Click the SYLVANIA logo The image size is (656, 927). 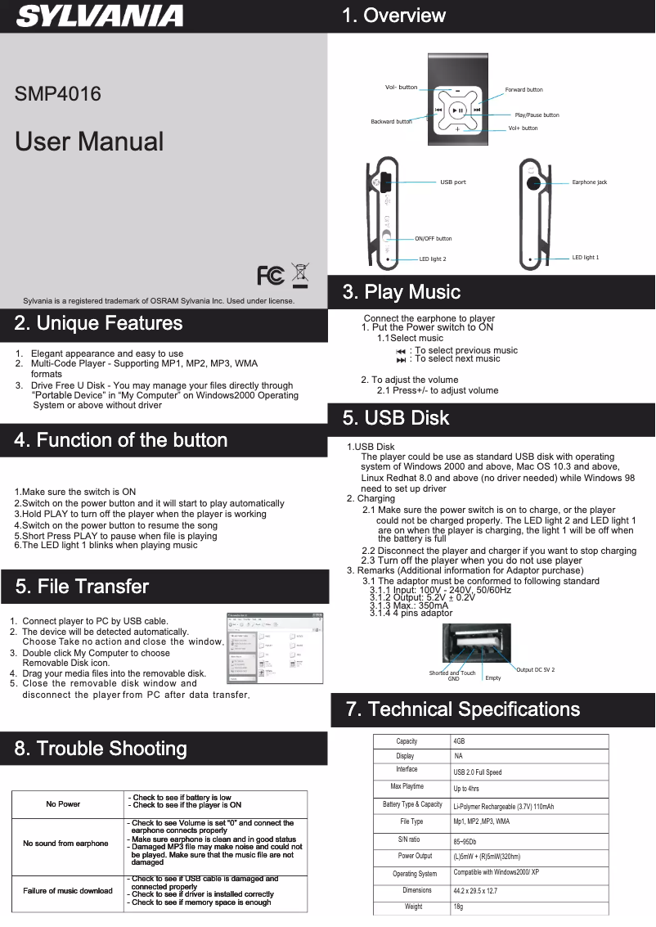pyautogui.click(x=100, y=16)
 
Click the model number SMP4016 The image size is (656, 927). pyautogui.click(x=58, y=94)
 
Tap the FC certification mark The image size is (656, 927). pyautogui.click(x=270, y=276)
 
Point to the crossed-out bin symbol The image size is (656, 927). pyautogui.click(x=300, y=274)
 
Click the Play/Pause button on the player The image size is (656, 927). pyautogui.click(x=458, y=110)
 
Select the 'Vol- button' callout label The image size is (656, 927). pyautogui.click(x=401, y=88)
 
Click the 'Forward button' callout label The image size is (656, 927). pyautogui.click(x=523, y=89)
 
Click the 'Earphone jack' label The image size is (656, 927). pyautogui.click(x=589, y=182)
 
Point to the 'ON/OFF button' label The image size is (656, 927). pyautogui.click(x=433, y=239)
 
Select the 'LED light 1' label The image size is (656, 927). pyautogui.click(x=585, y=258)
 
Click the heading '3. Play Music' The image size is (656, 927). pyautogui.click(x=401, y=292)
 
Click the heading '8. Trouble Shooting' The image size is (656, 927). pyautogui.click(x=101, y=749)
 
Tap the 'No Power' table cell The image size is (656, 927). pyautogui.click(x=63, y=804)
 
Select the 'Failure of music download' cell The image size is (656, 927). pyautogui.click(x=67, y=891)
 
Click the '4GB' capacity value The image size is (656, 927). pyautogui.click(x=459, y=741)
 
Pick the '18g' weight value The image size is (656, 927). pyautogui.click(x=458, y=907)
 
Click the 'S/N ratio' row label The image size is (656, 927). pyautogui.click(x=409, y=840)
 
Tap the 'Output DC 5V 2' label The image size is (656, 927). pyautogui.click(x=535, y=670)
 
